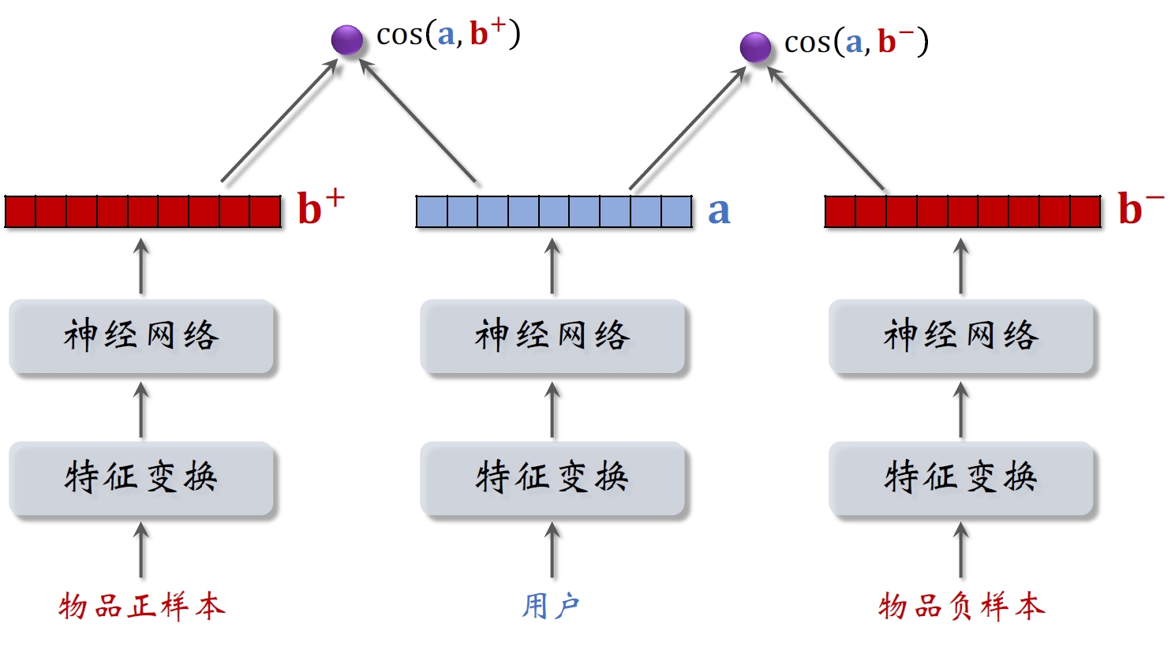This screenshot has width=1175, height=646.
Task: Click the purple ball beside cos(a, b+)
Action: click(x=346, y=39)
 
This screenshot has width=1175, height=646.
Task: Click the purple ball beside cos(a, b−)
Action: click(x=755, y=47)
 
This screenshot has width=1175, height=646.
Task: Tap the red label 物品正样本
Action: click(x=142, y=607)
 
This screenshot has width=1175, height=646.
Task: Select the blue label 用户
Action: click(x=551, y=607)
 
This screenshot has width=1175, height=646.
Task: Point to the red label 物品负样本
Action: click(x=961, y=607)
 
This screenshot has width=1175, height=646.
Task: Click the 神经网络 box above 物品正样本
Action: click(x=141, y=336)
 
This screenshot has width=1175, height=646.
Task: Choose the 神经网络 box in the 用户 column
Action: click(x=552, y=336)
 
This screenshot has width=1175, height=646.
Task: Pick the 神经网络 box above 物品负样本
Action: click(x=961, y=336)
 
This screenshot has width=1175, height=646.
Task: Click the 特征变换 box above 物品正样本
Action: click(x=141, y=478)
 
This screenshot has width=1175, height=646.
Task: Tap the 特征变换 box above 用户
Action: click(x=552, y=478)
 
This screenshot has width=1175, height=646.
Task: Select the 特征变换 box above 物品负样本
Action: click(x=961, y=478)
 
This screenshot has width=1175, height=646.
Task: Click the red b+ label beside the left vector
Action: click(x=320, y=208)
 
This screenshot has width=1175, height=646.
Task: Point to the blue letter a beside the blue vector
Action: click(x=718, y=211)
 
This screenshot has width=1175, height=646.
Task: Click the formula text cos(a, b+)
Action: click(x=448, y=34)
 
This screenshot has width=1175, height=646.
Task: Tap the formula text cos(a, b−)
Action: click(x=856, y=42)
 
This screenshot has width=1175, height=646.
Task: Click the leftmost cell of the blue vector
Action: click(x=432, y=211)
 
